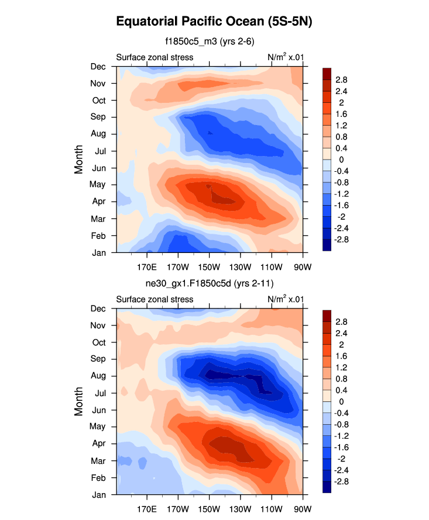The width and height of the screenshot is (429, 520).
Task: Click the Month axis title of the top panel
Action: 79,160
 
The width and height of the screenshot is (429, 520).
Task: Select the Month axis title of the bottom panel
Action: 79,401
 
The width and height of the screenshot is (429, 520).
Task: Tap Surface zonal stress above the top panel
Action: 155,57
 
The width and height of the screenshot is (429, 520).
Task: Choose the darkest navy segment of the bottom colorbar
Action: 327,488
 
